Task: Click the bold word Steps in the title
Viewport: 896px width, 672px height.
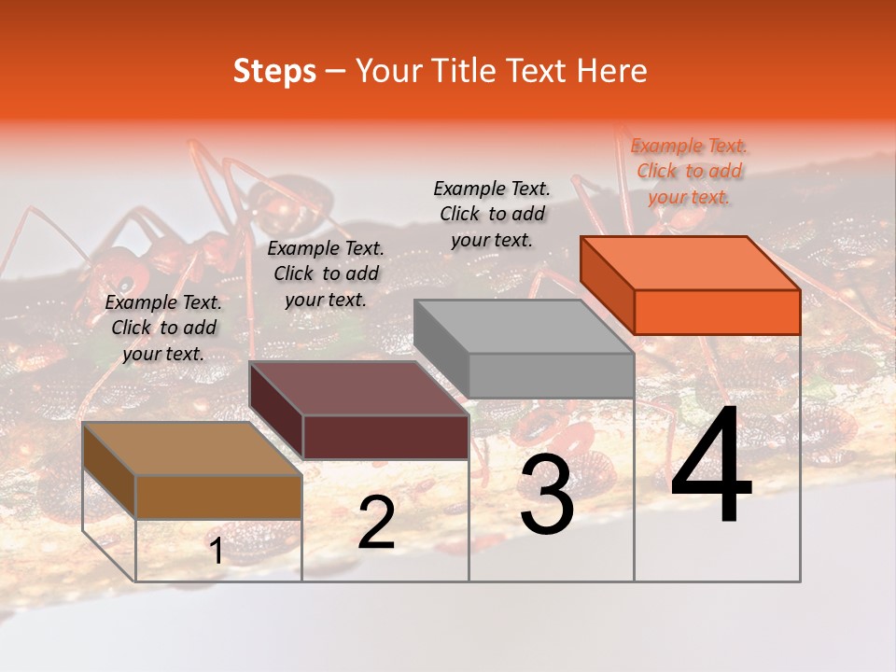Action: pyautogui.click(x=274, y=71)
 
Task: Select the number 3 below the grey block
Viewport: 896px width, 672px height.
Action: pyautogui.click(x=547, y=496)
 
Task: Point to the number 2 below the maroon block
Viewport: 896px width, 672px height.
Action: pyautogui.click(x=376, y=523)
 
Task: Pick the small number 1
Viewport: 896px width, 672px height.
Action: pyautogui.click(x=217, y=552)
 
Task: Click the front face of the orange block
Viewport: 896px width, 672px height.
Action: pyautogui.click(x=717, y=312)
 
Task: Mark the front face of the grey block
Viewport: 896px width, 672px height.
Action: pyautogui.click(x=551, y=376)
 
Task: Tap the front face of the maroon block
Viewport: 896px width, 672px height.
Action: pyautogui.click(x=385, y=437)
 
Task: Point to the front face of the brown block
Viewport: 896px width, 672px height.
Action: pyautogui.click(x=218, y=497)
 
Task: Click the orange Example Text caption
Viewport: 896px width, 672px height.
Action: pyautogui.click(x=689, y=171)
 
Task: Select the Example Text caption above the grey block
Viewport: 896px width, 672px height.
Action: pyautogui.click(x=492, y=214)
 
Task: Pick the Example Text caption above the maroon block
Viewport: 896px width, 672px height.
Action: pyautogui.click(x=326, y=273)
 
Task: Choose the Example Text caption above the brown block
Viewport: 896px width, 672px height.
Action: pyautogui.click(x=163, y=328)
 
